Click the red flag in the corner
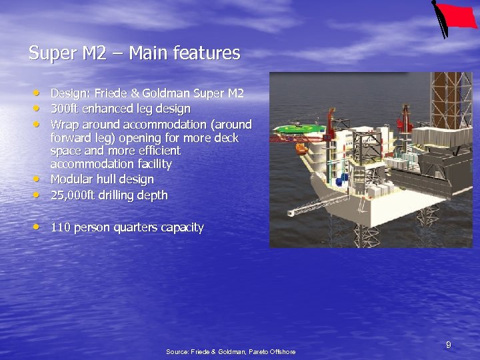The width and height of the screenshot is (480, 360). click(x=459, y=16)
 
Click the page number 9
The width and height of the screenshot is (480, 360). click(x=449, y=345)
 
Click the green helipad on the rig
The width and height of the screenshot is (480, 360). click(x=299, y=128)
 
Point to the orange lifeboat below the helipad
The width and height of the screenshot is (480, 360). click(x=302, y=149)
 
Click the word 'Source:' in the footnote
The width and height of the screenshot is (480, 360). click(x=177, y=351)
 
